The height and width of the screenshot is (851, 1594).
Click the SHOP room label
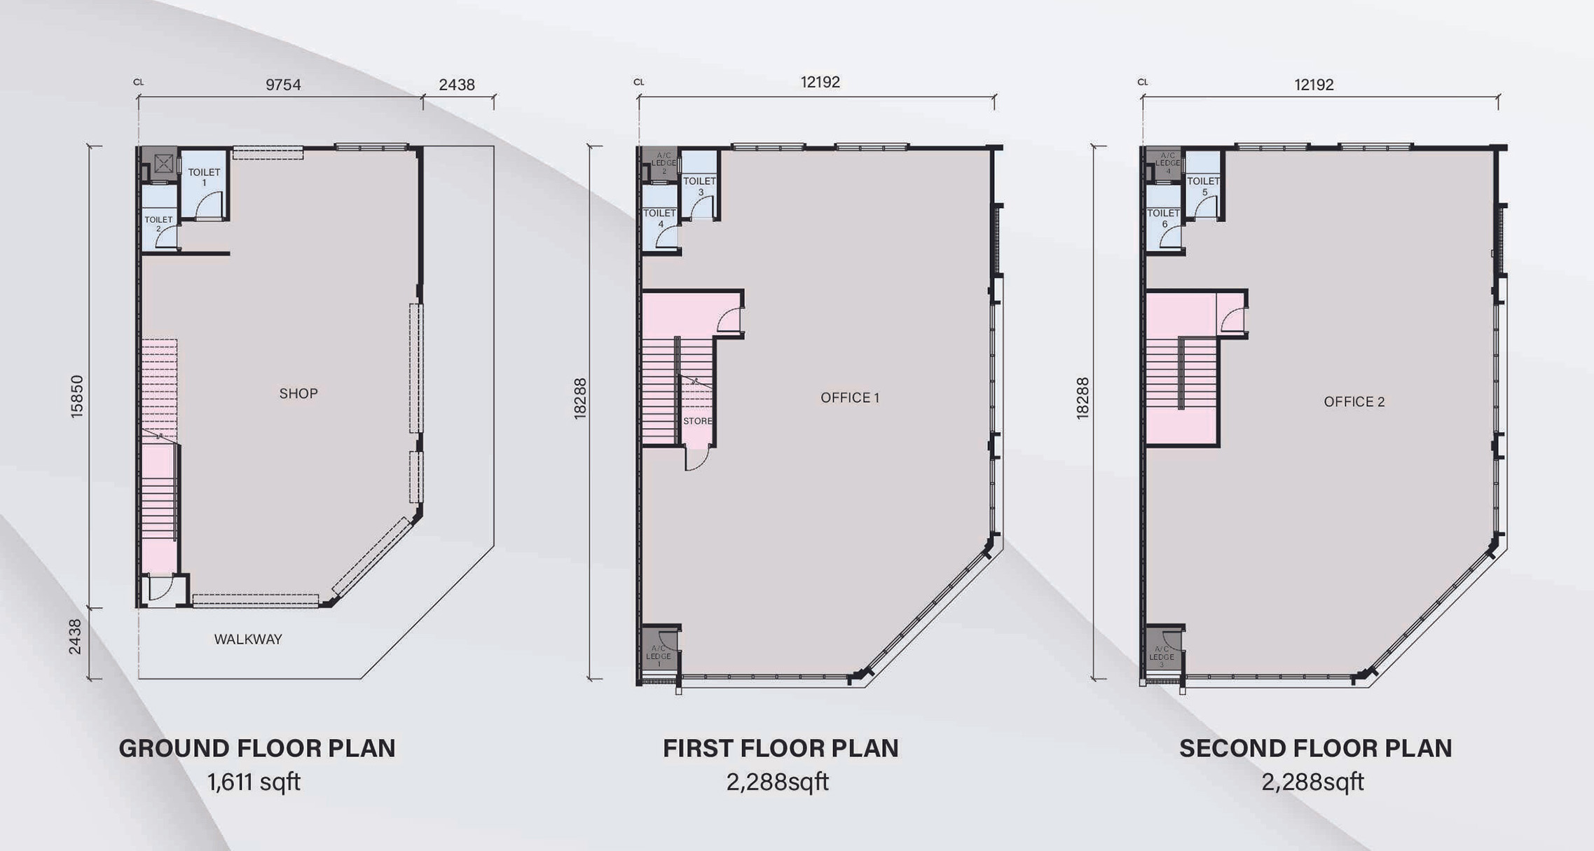tap(298, 394)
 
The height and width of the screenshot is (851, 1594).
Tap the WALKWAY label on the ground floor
tap(248, 639)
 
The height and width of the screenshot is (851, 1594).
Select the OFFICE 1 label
tap(849, 398)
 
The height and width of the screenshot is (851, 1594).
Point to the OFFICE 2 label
tap(1354, 402)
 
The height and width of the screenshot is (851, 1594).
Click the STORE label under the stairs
tap(697, 421)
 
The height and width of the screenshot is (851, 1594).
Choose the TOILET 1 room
tap(204, 177)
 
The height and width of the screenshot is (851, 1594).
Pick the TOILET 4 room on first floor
tap(659, 218)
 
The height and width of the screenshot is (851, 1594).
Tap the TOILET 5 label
tap(1204, 186)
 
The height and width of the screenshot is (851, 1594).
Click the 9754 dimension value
tap(283, 85)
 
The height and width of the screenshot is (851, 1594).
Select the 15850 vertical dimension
tap(77, 397)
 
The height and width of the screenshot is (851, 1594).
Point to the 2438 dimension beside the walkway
tap(75, 637)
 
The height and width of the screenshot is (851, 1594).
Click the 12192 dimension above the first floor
tap(820, 83)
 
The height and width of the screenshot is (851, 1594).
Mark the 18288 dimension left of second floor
tap(1083, 399)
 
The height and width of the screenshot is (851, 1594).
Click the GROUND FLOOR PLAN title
tap(257, 748)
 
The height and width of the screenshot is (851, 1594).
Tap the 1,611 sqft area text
tap(254, 782)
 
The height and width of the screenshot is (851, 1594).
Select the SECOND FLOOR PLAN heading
tap(1315, 748)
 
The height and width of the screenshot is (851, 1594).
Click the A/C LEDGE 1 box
tap(659, 654)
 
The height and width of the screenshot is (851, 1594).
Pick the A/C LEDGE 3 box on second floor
tap(1161, 655)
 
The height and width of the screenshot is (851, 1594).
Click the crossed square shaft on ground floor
tap(163, 164)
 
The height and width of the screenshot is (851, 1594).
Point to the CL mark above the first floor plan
tap(638, 82)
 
